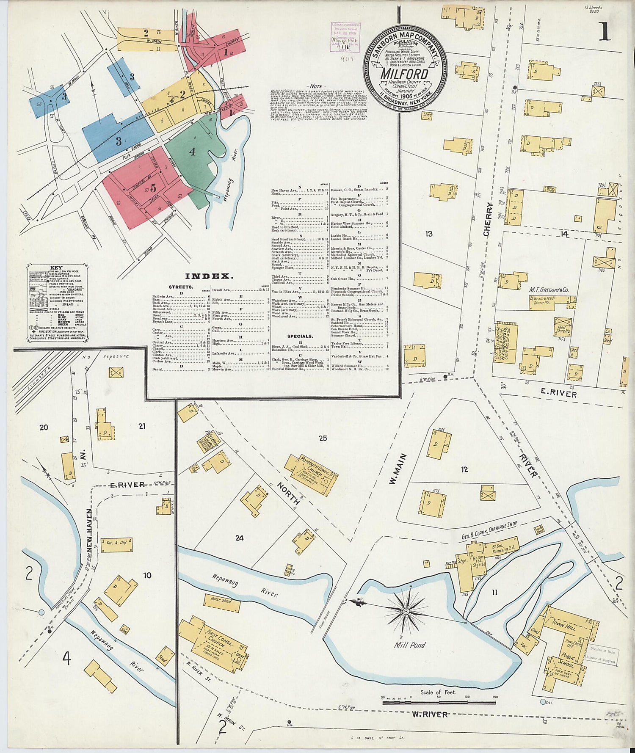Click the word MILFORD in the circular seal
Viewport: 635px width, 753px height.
[404, 74]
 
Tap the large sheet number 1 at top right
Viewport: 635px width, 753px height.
[605, 32]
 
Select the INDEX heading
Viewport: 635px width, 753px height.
[209, 276]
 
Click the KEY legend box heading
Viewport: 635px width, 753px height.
[56, 268]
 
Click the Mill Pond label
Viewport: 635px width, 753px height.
[409, 645]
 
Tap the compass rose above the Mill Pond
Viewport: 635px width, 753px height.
[406, 611]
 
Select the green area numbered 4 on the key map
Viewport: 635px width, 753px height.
[193, 152]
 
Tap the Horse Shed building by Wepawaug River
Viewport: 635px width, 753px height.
[221, 600]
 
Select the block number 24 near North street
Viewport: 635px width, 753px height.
[240, 538]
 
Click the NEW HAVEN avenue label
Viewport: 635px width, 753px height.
[89, 527]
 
